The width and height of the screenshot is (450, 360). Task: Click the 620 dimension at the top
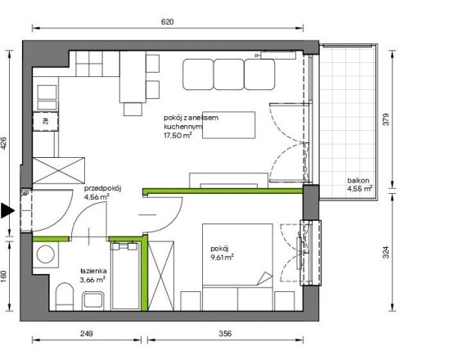[x=167, y=22]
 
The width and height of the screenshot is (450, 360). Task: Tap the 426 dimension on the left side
[x=4, y=143]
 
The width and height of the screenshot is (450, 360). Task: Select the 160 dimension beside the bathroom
[x=4, y=277]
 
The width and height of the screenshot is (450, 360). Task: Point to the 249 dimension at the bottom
[x=87, y=334]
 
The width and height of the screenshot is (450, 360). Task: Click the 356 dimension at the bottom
[x=225, y=334]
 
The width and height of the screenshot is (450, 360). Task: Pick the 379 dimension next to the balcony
[x=386, y=119]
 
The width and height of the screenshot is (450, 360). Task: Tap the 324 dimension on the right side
[x=386, y=252]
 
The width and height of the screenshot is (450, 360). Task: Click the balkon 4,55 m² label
[x=360, y=185]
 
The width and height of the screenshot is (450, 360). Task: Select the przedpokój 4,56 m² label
[x=103, y=192]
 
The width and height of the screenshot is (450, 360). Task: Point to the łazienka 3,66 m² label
[x=93, y=275]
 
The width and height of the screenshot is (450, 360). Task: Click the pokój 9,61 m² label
[x=222, y=253]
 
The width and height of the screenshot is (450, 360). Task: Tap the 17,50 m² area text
[x=178, y=135]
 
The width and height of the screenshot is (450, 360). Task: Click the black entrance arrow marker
[x=7, y=210]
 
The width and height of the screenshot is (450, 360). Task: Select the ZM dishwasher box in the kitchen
[x=46, y=121]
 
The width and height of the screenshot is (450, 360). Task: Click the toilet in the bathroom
[x=65, y=296]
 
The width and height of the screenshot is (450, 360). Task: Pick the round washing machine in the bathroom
[x=46, y=254]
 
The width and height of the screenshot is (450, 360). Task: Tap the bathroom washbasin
[x=93, y=301]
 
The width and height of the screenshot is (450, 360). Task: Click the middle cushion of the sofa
[x=229, y=74]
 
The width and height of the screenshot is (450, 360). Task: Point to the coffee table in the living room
[x=229, y=125]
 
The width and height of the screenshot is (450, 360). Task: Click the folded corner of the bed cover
[x=264, y=278]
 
